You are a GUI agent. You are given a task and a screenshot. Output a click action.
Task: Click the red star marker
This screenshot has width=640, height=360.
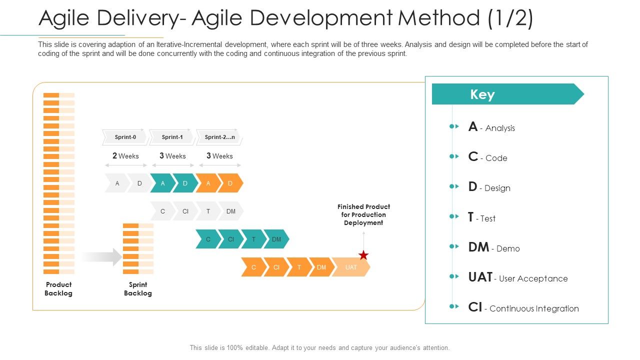pos(363,255)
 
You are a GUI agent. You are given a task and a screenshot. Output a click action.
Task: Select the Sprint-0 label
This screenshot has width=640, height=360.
pos(125,137)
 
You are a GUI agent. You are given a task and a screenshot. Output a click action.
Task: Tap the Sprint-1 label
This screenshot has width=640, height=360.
pos(172,137)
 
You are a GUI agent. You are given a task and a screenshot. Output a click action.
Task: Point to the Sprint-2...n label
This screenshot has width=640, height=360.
pos(219,137)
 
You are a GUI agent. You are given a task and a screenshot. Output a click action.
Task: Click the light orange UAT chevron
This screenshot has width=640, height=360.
pos(351,267)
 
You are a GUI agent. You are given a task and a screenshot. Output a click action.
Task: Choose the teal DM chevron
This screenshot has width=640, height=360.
pos(276,239)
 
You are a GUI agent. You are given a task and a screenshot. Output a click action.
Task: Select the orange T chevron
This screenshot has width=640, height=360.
pos(299,267)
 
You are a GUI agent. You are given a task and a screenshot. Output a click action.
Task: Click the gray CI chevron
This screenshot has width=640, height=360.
pos(185,211)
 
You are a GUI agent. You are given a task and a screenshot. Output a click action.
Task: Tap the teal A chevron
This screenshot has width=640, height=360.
pos(162,183)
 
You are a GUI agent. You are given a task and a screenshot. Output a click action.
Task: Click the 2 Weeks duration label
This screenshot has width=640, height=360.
pos(125,156)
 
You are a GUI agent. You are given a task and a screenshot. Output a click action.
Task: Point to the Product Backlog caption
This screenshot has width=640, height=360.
pos(58,289)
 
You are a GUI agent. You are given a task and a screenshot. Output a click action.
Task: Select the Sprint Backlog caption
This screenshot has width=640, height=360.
pos(137,289)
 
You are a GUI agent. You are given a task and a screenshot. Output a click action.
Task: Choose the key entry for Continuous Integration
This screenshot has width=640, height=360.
pos(523,308)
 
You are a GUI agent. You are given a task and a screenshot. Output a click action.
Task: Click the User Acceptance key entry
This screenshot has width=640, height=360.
pos(517,278)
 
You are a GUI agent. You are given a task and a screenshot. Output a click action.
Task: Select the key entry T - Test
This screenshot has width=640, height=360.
pos(481,218)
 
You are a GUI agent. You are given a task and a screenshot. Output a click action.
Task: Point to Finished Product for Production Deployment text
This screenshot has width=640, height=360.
pos(363,214)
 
